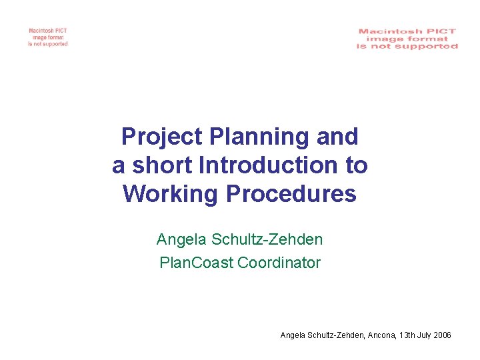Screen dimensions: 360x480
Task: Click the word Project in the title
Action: [162, 137]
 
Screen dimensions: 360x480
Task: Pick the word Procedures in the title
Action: [291, 193]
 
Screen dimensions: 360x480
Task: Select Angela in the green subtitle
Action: [179, 239]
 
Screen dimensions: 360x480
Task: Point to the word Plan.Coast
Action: [197, 263]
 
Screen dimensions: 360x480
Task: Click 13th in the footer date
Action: [406, 335]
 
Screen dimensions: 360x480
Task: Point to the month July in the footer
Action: [425, 335]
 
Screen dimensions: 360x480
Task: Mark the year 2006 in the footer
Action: [443, 335]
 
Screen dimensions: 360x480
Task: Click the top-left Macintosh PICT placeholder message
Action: [48, 37]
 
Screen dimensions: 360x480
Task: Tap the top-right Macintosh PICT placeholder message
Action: [407, 39]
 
